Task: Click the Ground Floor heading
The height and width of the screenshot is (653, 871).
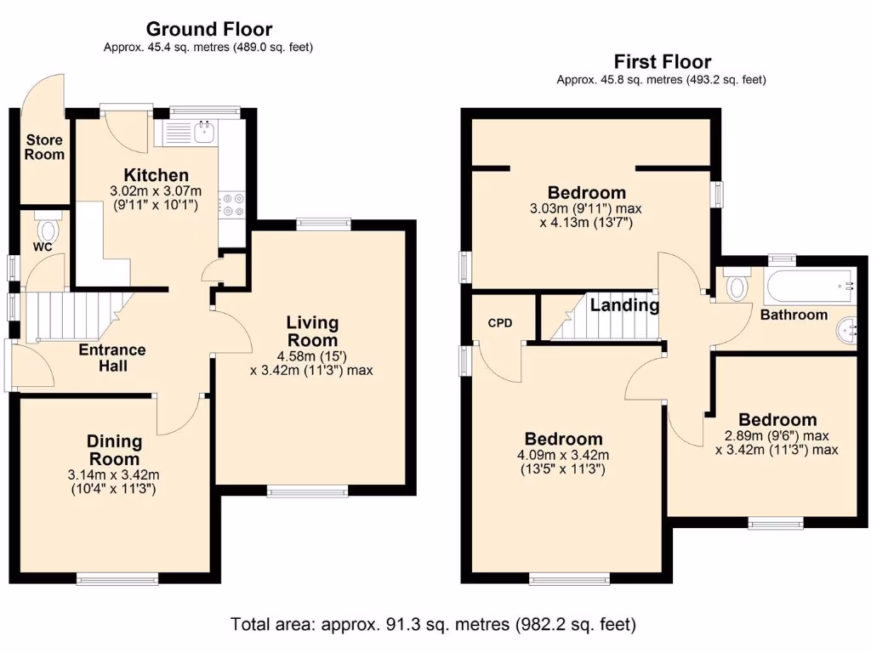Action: tap(209, 28)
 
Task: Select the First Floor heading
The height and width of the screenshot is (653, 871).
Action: tap(662, 61)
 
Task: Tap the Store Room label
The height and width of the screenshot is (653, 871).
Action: tap(44, 147)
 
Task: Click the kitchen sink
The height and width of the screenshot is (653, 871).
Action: tap(205, 132)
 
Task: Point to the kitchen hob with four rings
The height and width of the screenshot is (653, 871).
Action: tap(231, 203)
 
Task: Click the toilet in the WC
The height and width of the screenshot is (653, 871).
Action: tap(48, 227)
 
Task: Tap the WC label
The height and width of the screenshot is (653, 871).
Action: tap(43, 247)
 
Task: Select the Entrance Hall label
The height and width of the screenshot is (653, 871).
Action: tap(112, 358)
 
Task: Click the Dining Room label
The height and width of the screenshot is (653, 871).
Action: tap(115, 451)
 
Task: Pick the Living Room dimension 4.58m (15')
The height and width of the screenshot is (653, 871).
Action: tap(311, 356)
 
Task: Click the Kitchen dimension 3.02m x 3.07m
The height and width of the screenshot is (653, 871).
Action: tap(156, 191)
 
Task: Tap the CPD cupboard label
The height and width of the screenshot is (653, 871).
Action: tap(500, 322)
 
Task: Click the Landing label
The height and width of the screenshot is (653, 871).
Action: tap(624, 305)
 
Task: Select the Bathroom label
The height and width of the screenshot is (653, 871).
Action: tap(794, 315)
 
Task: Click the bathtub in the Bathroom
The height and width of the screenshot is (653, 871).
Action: tap(810, 287)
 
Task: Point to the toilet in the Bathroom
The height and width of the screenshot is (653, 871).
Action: tap(736, 284)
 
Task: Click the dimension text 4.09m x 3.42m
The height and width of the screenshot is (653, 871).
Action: tap(563, 455)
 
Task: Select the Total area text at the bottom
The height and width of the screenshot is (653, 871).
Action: tap(433, 624)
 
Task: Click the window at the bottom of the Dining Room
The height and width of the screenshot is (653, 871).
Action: tap(117, 579)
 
